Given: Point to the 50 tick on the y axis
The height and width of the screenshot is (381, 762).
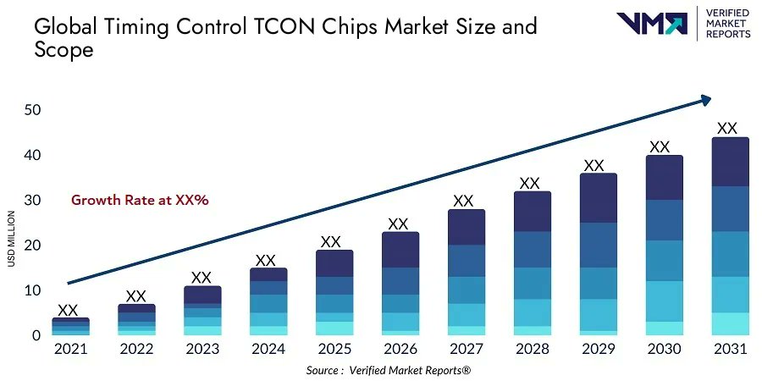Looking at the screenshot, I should tap(33, 110).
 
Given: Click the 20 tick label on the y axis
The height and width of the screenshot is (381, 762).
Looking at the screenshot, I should tap(33, 246).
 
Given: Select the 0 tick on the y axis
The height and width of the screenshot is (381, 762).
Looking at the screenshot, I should tap(37, 336).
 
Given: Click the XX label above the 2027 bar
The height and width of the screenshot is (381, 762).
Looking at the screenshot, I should tap(463, 201).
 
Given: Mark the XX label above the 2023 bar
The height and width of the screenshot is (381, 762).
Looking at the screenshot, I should tap(201, 278).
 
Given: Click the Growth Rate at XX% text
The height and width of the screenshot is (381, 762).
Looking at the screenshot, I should tap(140, 201).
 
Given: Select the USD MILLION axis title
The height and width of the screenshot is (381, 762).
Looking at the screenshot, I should tap(12, 238).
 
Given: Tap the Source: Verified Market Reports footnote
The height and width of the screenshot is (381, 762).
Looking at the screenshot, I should tap(388, 371).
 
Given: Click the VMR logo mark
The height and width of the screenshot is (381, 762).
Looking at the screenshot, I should tap(652, 23).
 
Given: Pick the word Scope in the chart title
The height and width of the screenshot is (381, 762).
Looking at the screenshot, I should tap(63, 50).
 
